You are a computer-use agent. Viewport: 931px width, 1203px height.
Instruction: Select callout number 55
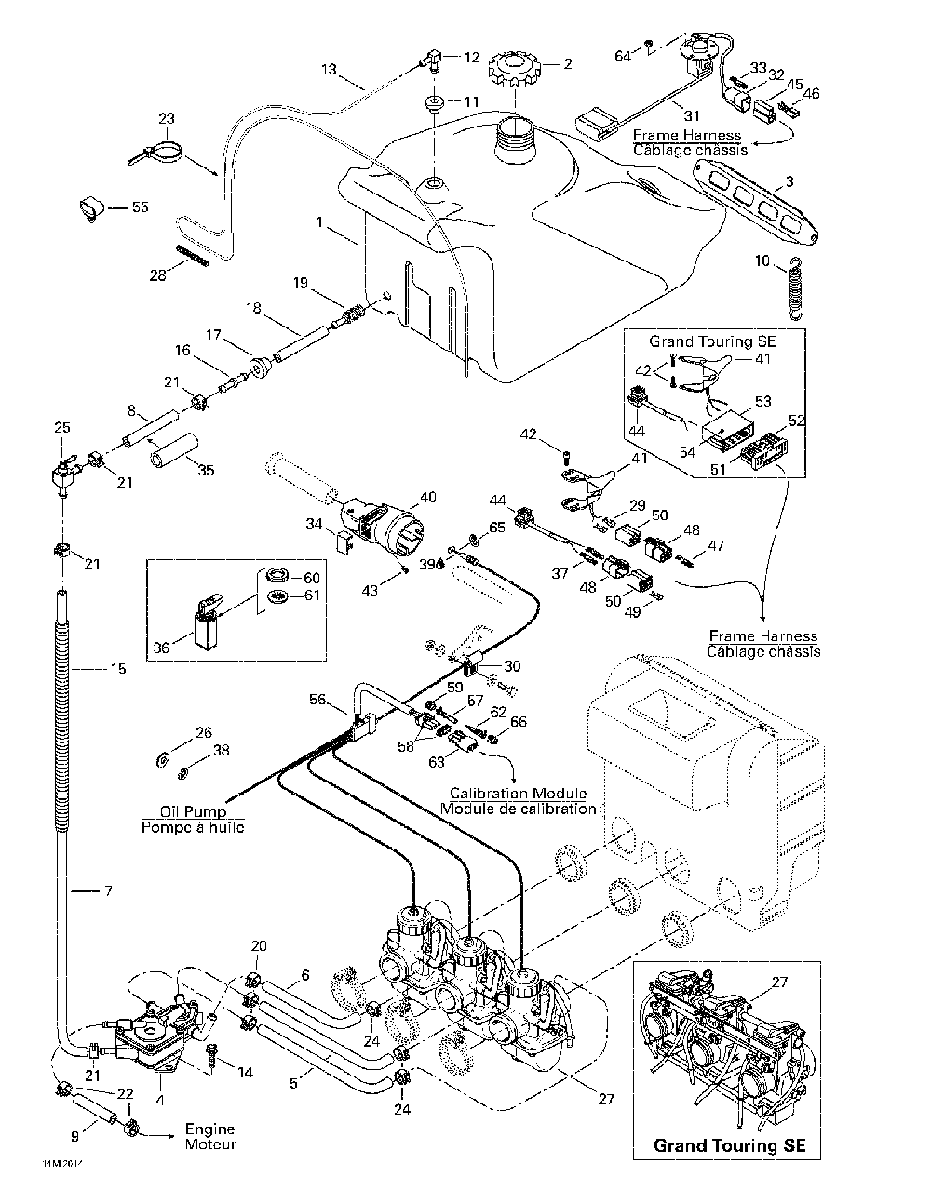click(140, 207)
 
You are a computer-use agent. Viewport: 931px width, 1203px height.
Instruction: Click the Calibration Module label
click(518, 794)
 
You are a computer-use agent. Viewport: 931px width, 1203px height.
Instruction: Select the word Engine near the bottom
click(209, 1129)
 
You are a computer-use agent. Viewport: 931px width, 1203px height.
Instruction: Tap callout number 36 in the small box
click(161, 648)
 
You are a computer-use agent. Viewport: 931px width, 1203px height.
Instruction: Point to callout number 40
click(427, 498)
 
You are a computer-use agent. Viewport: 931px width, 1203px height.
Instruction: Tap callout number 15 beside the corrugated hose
click(117, 668)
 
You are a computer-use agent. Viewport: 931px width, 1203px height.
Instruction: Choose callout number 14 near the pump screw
click(245, 1072)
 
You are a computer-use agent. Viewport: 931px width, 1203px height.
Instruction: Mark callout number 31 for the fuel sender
click(690, 115)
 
